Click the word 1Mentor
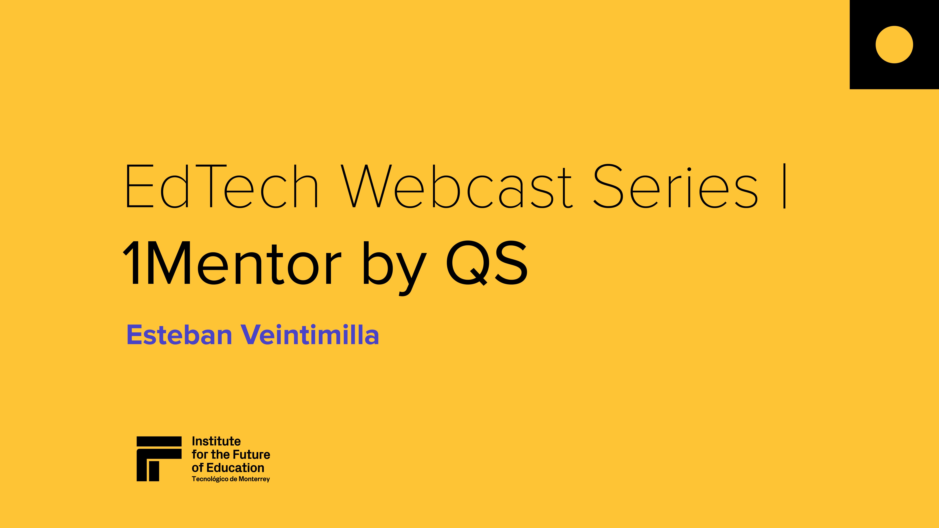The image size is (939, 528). click(x=231, y=263)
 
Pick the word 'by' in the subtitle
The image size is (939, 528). click(x=394, y=268)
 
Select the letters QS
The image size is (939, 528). click(x=487, y=263)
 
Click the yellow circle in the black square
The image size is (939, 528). click(x=894, y=44)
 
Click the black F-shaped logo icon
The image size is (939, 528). click(x=159, y=459)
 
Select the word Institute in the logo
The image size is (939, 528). click(x=216, y=441)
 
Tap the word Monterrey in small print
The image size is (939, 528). click(x=254, y=479)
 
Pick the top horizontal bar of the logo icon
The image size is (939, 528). click(x=159, y=441)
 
